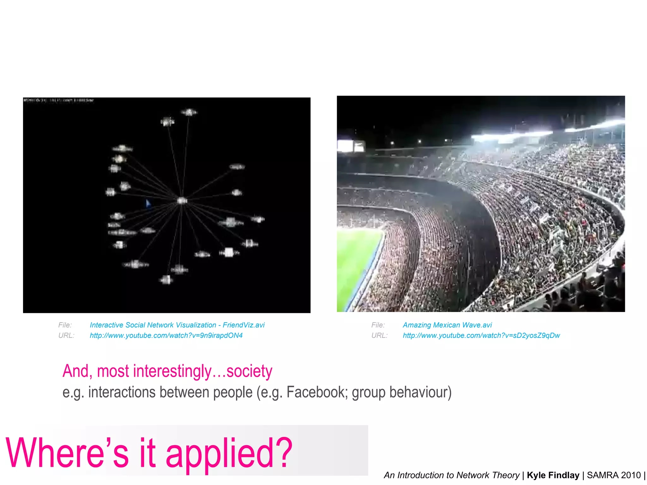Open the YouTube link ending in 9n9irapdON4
click(166, 335)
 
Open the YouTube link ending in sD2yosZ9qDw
click(481, 335)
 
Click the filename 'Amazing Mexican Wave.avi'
click(447, 325)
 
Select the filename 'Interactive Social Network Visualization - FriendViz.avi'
click(177, 325)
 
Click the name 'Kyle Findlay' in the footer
click(553, 475)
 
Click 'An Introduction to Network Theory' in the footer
click(451, 475)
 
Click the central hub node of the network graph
click(182, 201)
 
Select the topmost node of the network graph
click(189, 112)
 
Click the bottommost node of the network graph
click(166, 280)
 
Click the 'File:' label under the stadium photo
click(378, 325)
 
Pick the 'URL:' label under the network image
click(66, 335)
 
